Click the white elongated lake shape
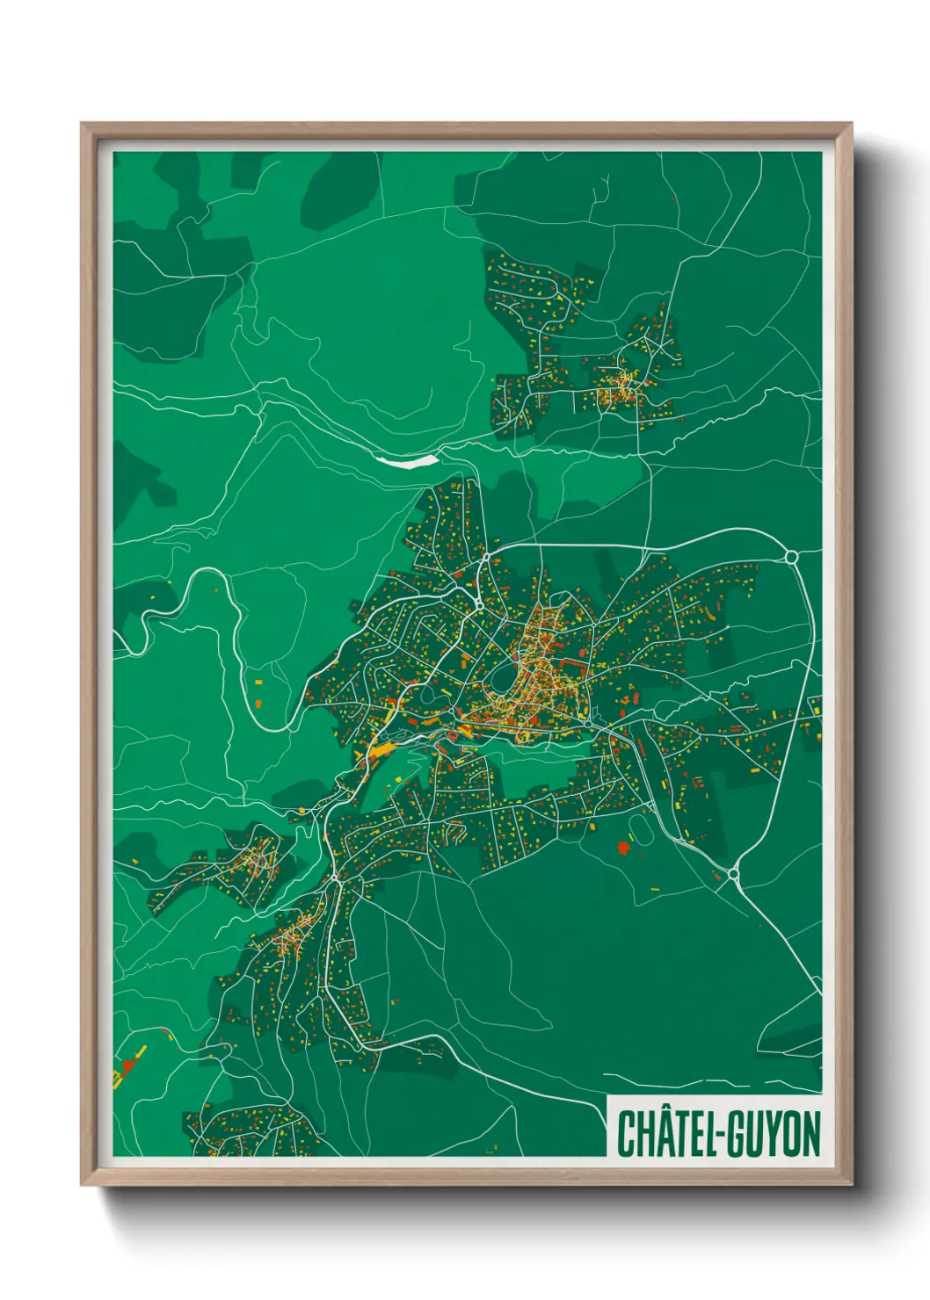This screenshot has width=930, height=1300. click(x=406, y=459)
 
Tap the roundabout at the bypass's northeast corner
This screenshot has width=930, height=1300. click(x=790, y=557)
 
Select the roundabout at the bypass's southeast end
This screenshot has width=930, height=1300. click(x=734, y=875)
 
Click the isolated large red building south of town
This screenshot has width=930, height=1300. click(x=624, y=848)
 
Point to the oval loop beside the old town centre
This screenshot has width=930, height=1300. click(x=502, y=677)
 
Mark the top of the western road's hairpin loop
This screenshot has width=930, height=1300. click(x=208, y=570)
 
